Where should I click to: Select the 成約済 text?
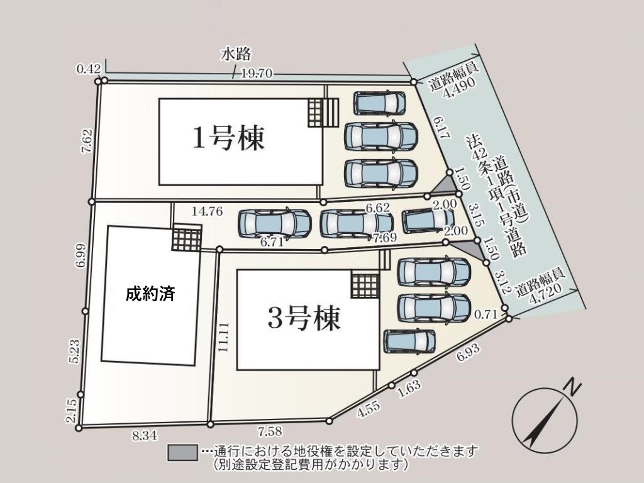coord(150,294)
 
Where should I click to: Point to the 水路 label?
coord(236,54)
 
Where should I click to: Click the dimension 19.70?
coord(257,74)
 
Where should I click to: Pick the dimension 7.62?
coord(87,142)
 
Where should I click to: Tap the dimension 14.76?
coord(207,211)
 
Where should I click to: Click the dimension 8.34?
coord(145,436)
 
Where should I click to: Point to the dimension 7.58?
coord(269,431)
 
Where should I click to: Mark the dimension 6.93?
coord(468,352)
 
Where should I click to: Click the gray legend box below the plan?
coord(182,453)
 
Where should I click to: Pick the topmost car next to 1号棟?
coord(380,103)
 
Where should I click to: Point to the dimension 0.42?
coord(89,68)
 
